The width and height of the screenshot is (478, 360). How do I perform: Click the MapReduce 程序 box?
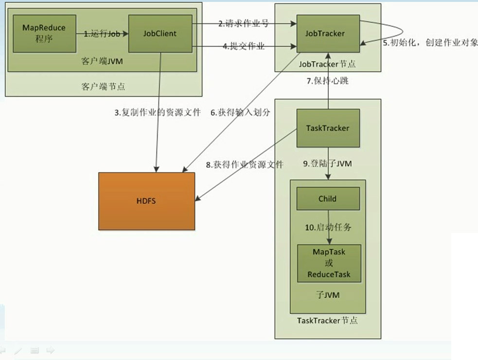[44, 33]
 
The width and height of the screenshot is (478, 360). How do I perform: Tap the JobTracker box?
[328, 34]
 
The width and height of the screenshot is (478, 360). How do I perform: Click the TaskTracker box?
[328, 128]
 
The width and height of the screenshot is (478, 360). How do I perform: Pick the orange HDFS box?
[146, 200]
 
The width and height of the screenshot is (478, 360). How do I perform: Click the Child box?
[328, 199]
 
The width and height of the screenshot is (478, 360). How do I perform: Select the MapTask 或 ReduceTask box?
[329, 263]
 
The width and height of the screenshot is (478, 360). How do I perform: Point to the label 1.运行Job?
[102, 34]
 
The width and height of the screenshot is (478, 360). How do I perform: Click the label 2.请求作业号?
[243, 23]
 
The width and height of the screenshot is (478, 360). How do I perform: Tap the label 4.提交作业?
[244, 47]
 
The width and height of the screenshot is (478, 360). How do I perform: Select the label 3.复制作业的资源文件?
[157, 113]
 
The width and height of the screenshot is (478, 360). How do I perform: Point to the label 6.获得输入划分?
[240, 112]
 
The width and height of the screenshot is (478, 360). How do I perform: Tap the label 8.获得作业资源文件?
[245, 164]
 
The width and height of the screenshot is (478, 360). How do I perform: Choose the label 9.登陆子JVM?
[328, 164]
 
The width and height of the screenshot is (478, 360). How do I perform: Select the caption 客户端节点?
[102, 87]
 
